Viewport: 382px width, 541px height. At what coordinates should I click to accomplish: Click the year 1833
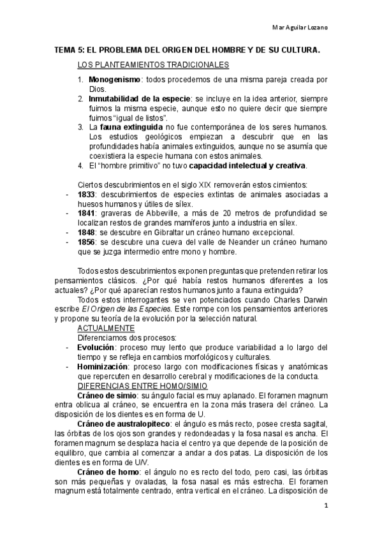86,194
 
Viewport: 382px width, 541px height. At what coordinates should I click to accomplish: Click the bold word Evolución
96,346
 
